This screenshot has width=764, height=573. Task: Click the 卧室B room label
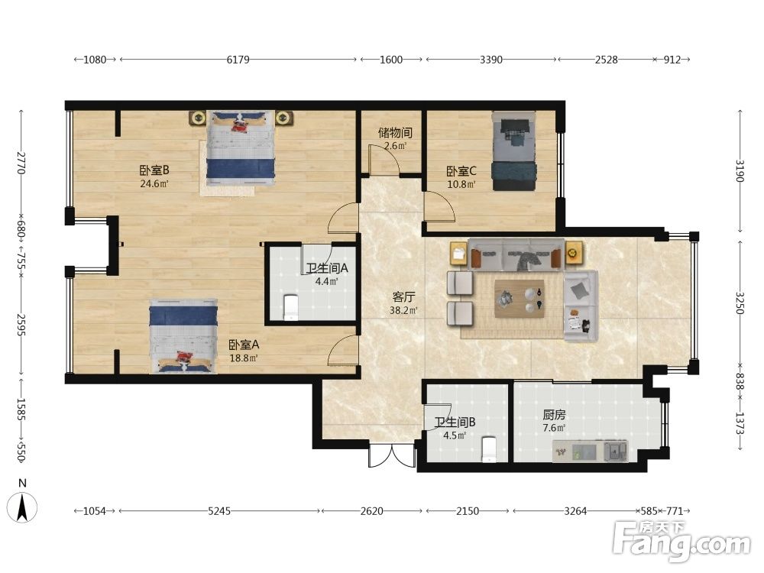click(154, 170)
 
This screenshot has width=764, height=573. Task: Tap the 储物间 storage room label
click(395, 132)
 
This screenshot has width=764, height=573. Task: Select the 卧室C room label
click(461, 171)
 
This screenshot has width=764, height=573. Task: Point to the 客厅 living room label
click(403, 297)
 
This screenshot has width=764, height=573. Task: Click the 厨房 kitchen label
click(555, 415)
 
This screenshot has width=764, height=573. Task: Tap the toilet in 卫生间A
click(290, 307)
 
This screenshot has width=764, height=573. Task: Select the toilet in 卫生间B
click(488, 449)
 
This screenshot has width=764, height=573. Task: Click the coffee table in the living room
click(520, 299)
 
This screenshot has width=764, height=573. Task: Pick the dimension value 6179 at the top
click(238, 60)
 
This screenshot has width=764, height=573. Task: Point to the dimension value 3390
click(491, 60)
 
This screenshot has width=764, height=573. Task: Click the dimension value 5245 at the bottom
click(219, 511)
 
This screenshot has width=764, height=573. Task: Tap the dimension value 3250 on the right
click(740, 303)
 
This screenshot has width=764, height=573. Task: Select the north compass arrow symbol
click(22, 507)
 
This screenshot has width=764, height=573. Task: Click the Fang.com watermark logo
click(681, 542)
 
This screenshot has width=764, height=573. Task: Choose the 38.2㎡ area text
click(403, 310)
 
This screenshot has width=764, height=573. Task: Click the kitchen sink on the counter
click(615, 451)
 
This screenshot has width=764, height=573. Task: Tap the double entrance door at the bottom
click(392, 455)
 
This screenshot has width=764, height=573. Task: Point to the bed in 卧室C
click(513, 151)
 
